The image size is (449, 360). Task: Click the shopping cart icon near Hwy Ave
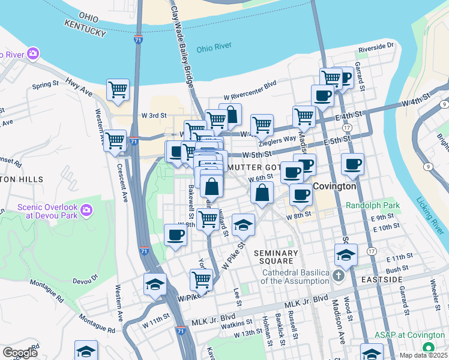click(118, 90)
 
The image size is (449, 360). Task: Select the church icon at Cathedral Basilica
click(338, 276)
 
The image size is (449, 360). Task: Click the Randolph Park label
click(372, 205)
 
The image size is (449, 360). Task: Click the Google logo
click(20, 353)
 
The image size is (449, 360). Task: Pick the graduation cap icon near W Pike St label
click(155, 284)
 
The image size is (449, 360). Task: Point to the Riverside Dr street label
click(376, 46)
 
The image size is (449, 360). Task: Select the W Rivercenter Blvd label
click(250, 85)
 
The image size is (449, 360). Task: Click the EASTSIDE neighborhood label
click(381, 280)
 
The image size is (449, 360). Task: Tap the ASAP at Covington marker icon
click(428, 347)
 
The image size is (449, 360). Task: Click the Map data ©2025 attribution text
click(423, 355)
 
